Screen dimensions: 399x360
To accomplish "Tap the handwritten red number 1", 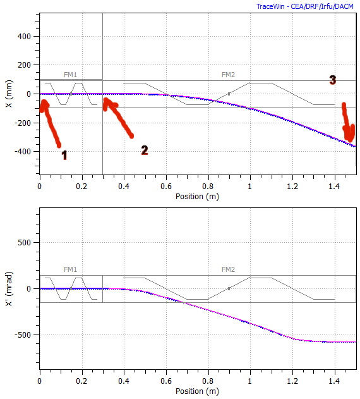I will [64, 155].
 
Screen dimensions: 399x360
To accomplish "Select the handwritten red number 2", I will [145, 150].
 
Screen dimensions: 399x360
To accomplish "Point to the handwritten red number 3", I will [332, 80].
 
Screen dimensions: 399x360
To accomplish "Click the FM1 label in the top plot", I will [70, 75].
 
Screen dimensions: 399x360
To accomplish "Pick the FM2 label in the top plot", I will [228, 75].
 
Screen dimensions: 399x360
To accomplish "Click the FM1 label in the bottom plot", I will [70, 269].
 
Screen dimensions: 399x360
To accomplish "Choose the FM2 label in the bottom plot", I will [228, 269].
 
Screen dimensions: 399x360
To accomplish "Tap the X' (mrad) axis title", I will [9, 289].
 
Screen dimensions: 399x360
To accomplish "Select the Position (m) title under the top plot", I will [197, 196].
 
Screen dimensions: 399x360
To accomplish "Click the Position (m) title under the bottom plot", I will [197, 391].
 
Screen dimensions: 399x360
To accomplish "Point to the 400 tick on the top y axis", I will [25, 36].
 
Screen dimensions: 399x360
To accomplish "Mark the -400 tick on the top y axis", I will [24, 152].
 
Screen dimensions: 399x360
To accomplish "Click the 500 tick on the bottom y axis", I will [25, 242].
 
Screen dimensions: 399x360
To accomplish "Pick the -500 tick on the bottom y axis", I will [24, 335].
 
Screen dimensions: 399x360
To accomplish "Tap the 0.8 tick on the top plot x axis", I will [208, 187].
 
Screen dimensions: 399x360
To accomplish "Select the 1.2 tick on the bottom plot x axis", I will [292, 381].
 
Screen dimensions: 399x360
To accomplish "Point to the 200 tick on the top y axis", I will [25, 65].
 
